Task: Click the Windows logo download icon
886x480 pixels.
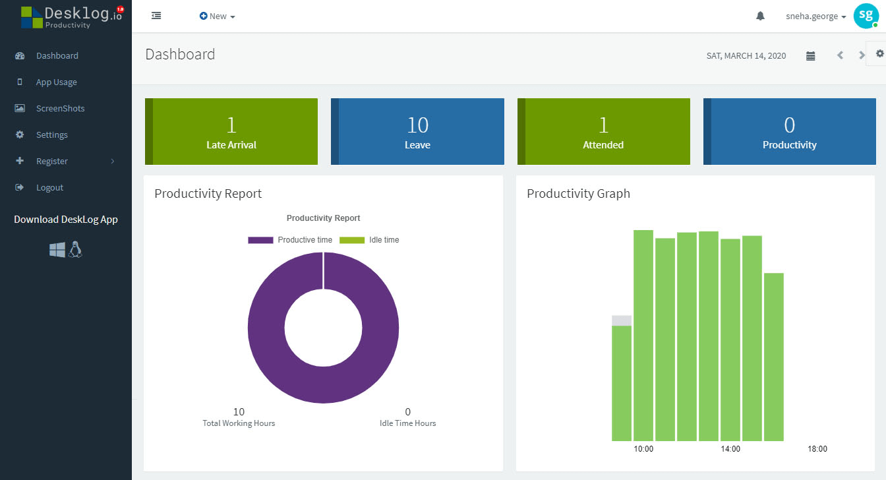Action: click(57, 250)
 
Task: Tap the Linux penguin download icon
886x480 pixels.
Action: click(75, 249)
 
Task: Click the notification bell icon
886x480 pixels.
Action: click(760, 16)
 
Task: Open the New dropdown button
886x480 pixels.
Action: click(217, 16)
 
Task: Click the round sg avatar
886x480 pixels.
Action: click(866, 16)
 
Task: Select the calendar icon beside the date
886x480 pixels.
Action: click(810, 56)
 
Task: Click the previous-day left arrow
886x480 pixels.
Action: click(840, 55)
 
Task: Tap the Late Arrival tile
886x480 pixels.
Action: click(231, 131)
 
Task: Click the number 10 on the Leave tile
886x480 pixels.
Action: click(418, 125)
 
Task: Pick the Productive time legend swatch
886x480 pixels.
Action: click(260, 240)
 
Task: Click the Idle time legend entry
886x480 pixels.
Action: click(369, 240)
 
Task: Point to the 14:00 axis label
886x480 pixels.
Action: click(730, 449)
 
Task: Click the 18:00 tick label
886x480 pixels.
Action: click(817, 449)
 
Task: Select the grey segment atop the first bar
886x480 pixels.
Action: click(622, 320)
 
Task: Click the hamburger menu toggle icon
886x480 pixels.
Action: click(156, 16)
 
